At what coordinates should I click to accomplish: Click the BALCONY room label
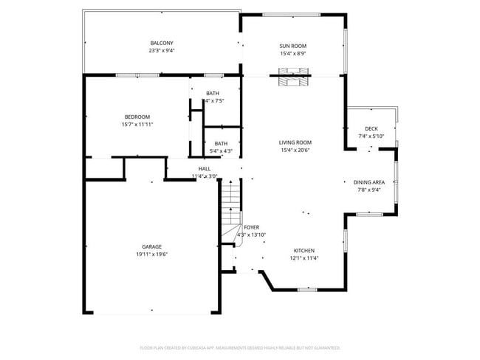click(x=162, y=44)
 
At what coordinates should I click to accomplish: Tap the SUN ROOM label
click(x=293, y=46)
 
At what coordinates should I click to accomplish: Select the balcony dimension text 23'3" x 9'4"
click(x=162, y=51)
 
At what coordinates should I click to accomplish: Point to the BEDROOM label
click(x=137, y=117)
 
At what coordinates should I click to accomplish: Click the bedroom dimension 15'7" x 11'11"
click(x=137, y=125)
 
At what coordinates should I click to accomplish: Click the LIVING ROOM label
click(x=295, y=142)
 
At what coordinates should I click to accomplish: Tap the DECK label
click(x=371, y=128)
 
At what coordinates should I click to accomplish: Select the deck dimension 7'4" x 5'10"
click(x=371, y=136)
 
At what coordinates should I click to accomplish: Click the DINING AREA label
click(x=368, y=182)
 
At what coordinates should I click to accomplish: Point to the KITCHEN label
click(x=305, y=251)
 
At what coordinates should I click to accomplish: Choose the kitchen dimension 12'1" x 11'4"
click(x=305, y=258)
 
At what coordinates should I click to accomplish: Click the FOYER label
click(x=251, y=227)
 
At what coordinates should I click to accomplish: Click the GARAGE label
click(x=152, y=246)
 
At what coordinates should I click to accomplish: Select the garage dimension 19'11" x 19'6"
click(x=152, y=254)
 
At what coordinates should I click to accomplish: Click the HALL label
click(x=205, y=169)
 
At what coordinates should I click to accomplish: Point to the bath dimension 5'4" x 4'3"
click(x=221, y=151)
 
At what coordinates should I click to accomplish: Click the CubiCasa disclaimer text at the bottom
click(x=240, y=347)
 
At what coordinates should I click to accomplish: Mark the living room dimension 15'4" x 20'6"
click(x=295, y=150)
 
